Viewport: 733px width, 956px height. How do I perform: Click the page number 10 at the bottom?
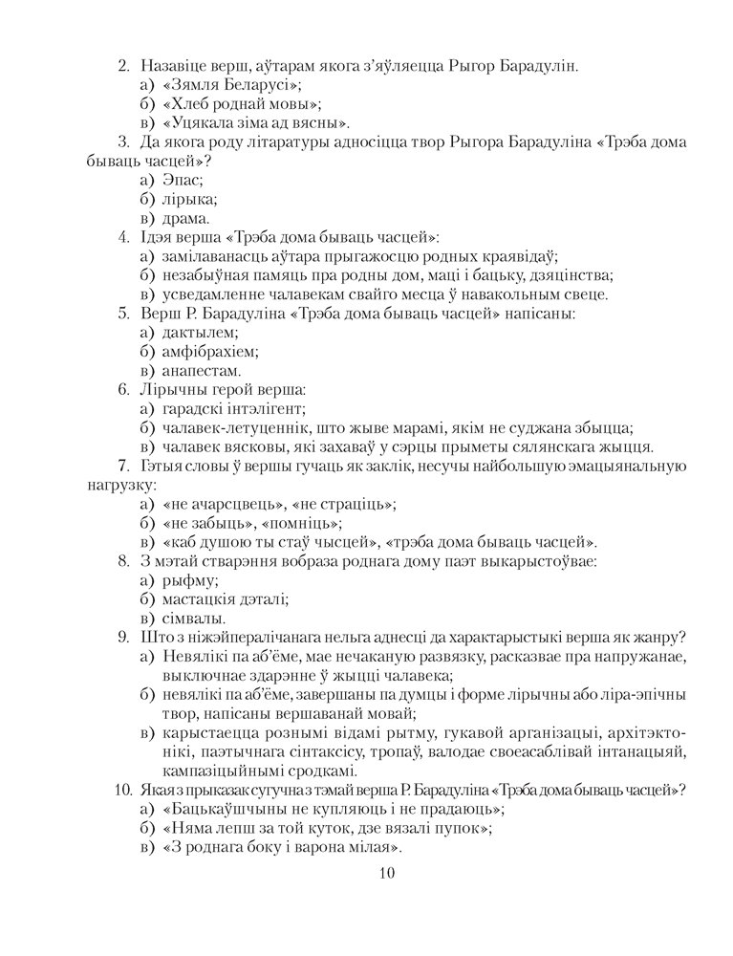386,872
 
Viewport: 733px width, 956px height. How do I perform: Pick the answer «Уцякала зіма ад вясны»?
255,122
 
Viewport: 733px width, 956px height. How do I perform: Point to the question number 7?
122,466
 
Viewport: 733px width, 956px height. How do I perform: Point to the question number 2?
123,66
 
